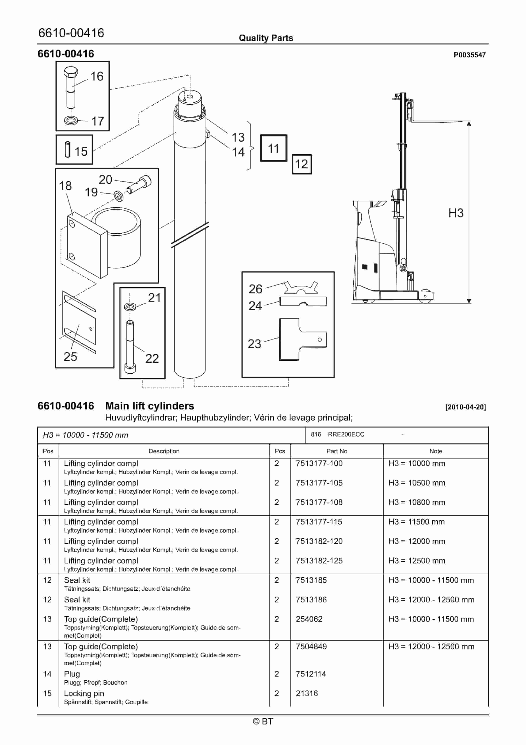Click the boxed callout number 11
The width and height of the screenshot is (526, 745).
coord(273,148)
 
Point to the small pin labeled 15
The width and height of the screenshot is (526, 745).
coord(67,150)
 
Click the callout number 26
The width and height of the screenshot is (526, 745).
coord(255,289)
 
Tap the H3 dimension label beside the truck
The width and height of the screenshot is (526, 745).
coord(456,213)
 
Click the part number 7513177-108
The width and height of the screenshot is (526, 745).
coord(319,502)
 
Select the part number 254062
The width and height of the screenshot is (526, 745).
coord(309,619)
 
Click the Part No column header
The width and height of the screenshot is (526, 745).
coord(337,451)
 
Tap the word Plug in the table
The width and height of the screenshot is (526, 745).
coord(72,674)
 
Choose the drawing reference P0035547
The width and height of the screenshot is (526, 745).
coord(469,55)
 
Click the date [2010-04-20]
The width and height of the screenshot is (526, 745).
coord(465,407)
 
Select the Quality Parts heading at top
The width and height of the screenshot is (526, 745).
coord(266,38)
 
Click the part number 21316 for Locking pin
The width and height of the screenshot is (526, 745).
coord(307,693)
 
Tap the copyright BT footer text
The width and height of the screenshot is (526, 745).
coord(263,721)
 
